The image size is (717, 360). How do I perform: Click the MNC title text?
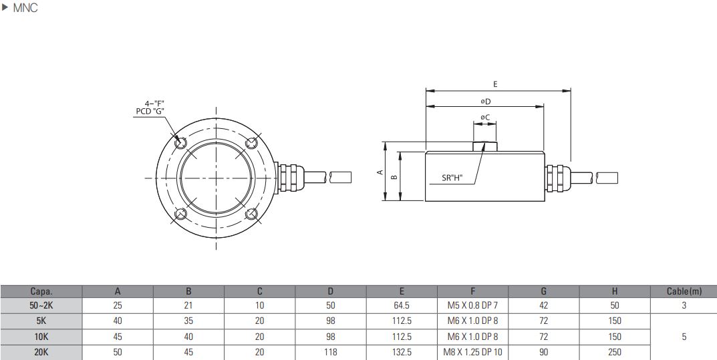tap(25, 8)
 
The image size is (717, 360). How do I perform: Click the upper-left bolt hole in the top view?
tap(180, 142)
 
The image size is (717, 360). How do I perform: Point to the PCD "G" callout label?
tap(150, 111)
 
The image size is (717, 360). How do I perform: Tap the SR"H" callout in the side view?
tap(452, 178)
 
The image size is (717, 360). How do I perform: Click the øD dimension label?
tap(485, 101)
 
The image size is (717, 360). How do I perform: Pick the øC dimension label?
tap(485, 118)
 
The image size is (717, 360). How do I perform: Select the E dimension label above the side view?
tap(495, 84)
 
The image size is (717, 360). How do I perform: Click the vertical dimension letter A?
tap(379, 172)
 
